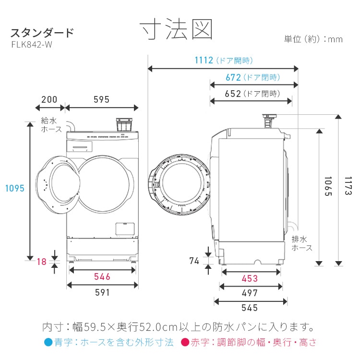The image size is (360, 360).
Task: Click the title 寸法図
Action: pos(176,30)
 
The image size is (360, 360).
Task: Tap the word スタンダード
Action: pos(42,33)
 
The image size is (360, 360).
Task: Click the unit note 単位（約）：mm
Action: pos(313,39)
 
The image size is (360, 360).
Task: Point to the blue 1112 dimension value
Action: pos(204,60)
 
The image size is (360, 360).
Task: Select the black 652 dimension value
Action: pos(233,94)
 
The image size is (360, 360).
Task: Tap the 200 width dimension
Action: pos(49,100)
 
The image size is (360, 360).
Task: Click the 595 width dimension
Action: pos(101,100)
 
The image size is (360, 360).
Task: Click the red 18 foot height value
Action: pos(42,262)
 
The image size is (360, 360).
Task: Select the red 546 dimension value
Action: pos(102,276)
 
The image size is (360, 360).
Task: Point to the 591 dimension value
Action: pos(102,292)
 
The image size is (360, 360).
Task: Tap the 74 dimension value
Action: pos(194,261)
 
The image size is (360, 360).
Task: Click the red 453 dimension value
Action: pos(250,278)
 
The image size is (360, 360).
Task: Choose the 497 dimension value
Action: pos(250,293)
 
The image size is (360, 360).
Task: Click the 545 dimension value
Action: pos(250,308)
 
